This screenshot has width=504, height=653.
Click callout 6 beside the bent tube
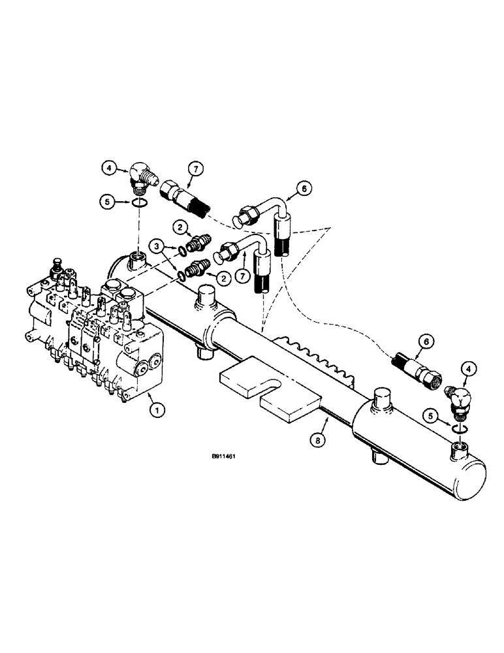[x=304, y=189]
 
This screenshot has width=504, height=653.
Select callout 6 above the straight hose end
[x=426, y=342]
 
